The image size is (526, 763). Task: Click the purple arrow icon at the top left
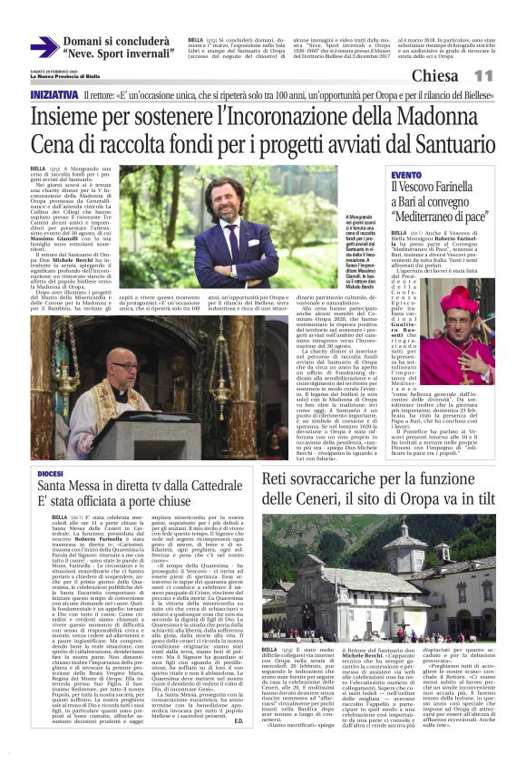(x=43, y=47)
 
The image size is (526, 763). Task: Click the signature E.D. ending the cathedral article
(x=237, y=745)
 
